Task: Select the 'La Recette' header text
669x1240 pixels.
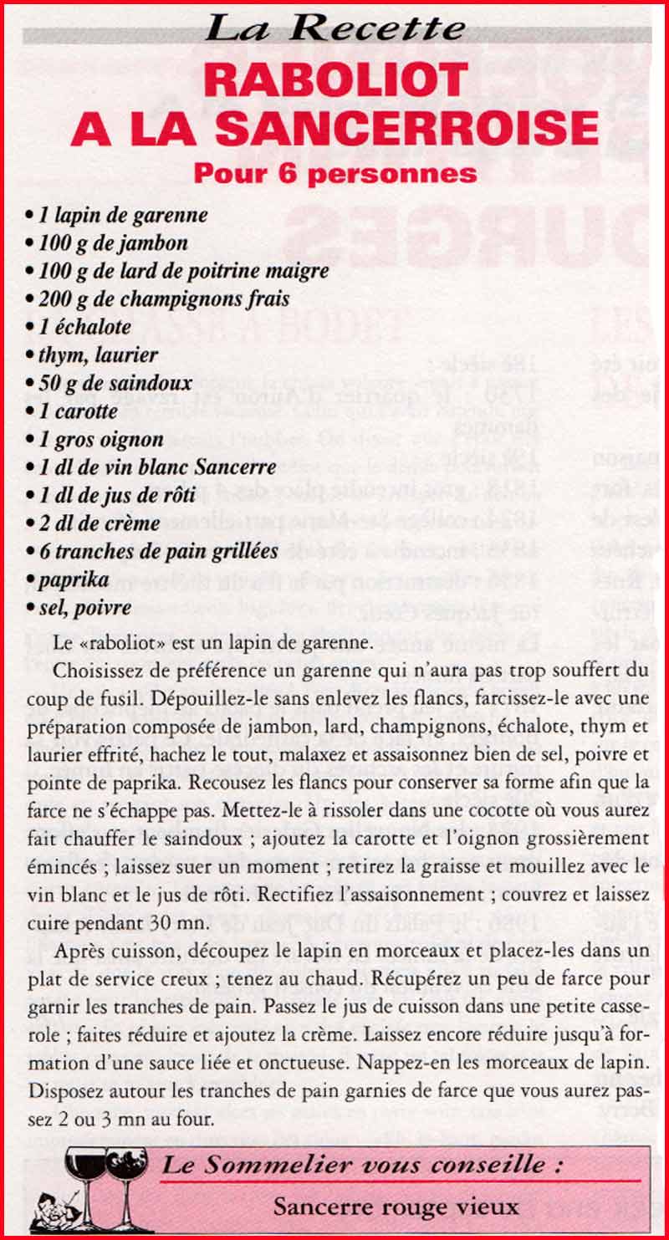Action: point(334,28)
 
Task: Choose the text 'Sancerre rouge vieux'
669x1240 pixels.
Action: point(396,1207)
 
